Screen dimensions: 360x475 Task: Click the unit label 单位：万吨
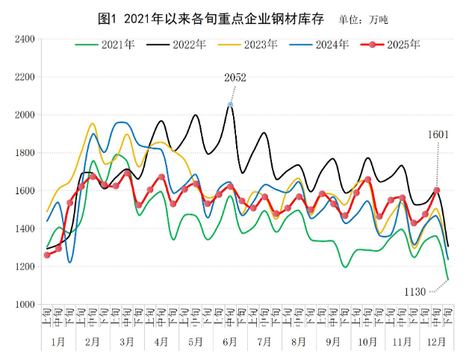(363, 18)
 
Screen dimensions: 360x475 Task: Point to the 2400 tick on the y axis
(25, 39)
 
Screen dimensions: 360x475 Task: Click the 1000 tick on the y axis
(25, 305)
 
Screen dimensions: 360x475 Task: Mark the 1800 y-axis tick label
(25, 153)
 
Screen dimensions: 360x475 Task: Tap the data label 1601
(438, 134)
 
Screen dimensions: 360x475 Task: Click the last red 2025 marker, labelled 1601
(437, 190)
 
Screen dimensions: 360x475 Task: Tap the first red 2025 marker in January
(47, 255)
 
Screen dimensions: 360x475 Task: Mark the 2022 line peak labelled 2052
(230, 105)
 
